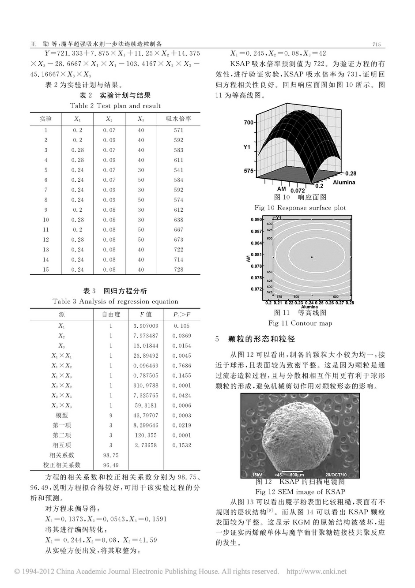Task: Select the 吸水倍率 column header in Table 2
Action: [x=178, y=119]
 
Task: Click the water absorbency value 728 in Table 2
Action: [x=178, y=270]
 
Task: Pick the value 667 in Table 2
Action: [x=178, y=230]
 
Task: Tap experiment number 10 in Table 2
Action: [x=46, y=220]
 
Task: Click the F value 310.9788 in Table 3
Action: [x=146, y=386]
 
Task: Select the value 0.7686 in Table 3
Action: [x=182, y=366]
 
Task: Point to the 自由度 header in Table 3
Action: [x=111, y=315]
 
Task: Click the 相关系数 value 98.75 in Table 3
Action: [x=111, y=455]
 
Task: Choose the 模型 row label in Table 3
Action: [x=61, y=416]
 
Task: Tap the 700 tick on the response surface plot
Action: [x=249, y=122]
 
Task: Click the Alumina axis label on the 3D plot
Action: [x=343, y=182]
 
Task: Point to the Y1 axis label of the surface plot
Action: [x=247, y=147]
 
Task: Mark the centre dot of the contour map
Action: [x=312, y=257]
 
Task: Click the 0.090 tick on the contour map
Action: [x=257, y=219]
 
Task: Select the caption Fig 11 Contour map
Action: [x=300, y=323]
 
